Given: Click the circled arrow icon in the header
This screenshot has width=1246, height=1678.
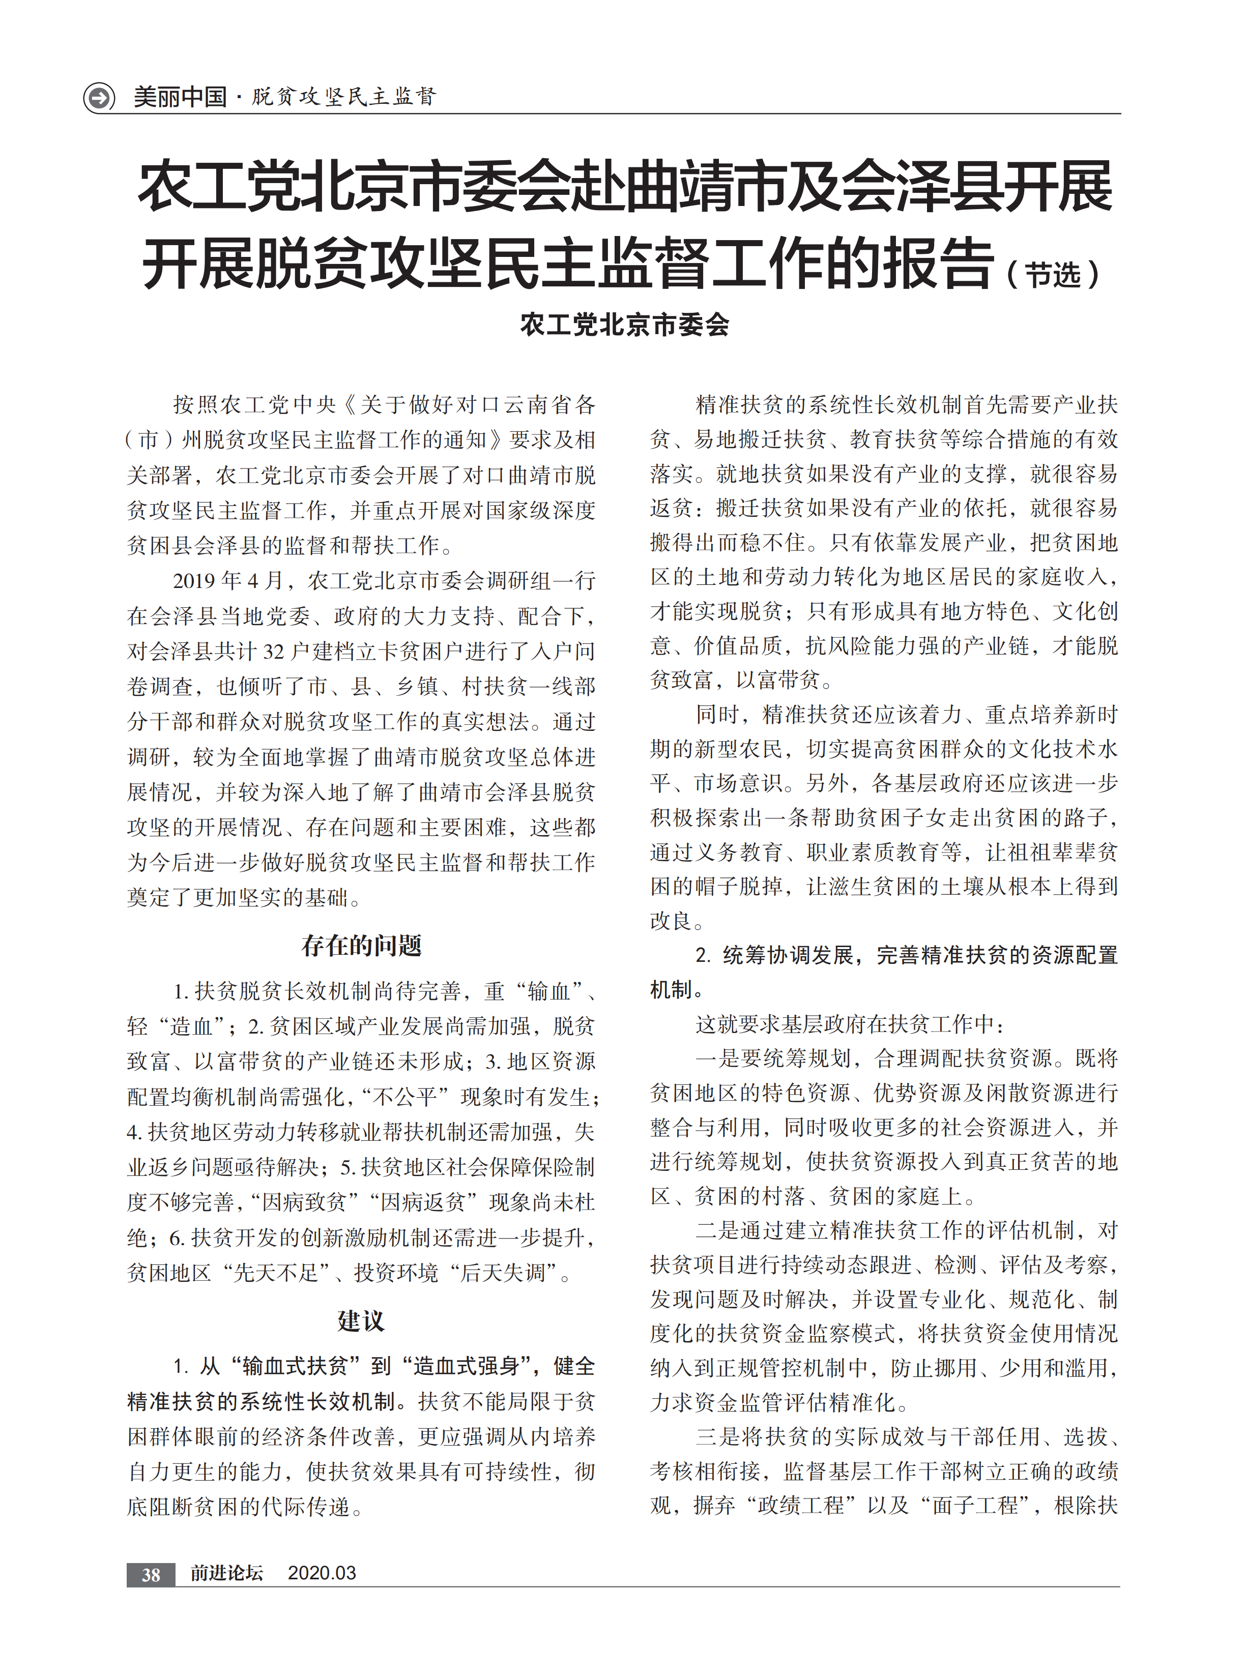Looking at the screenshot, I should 99,97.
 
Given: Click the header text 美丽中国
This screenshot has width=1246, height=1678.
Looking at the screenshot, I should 180,97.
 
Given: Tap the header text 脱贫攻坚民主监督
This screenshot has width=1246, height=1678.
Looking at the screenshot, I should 344,97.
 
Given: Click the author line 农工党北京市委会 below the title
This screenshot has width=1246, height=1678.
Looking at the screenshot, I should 624,325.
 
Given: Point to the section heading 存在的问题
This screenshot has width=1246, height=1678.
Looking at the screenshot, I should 361,945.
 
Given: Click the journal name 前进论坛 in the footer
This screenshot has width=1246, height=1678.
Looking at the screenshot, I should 226,1573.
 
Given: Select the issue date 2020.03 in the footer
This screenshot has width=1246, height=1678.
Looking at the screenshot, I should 322,1573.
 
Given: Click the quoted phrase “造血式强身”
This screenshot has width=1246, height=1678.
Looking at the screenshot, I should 472,1366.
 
